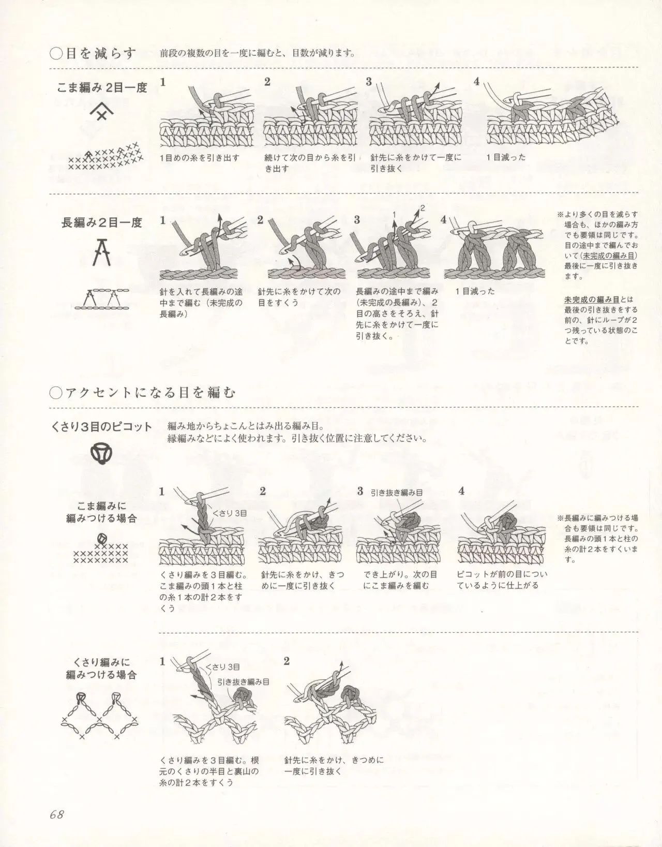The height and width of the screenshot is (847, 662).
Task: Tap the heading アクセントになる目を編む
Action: (x=151, y=393)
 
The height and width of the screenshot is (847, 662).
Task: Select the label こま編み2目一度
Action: (x=102, y=88)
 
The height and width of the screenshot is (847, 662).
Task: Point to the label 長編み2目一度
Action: (x=102, y=223)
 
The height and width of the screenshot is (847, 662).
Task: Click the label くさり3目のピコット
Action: (x=101, y=427)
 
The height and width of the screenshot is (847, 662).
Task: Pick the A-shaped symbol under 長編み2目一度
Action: (x=102, y=252)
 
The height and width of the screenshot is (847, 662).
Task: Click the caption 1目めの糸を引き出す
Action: (x=199, y=158)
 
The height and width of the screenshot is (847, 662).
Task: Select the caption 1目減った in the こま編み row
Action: (x=506, y=157)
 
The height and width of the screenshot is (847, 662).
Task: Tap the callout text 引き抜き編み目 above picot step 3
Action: (x=396, y=493)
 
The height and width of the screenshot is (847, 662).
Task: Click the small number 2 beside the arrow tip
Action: (x=423, y=208)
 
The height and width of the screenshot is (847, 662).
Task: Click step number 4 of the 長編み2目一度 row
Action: (x=443, y=220)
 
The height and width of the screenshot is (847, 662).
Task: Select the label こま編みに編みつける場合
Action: (x=101, y=512)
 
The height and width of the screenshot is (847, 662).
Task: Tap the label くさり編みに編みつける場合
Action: (x=101, y=668)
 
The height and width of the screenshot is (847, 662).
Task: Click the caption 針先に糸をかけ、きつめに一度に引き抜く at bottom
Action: (x=334, y=766)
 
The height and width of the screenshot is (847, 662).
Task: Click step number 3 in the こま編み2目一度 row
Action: (x=369, y=82)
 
